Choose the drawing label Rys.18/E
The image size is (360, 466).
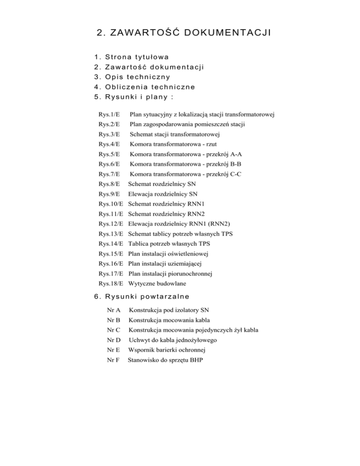pyautogui.click(x=111, y=283)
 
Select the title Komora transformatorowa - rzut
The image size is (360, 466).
pyautogui.click(x=173, y=144)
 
